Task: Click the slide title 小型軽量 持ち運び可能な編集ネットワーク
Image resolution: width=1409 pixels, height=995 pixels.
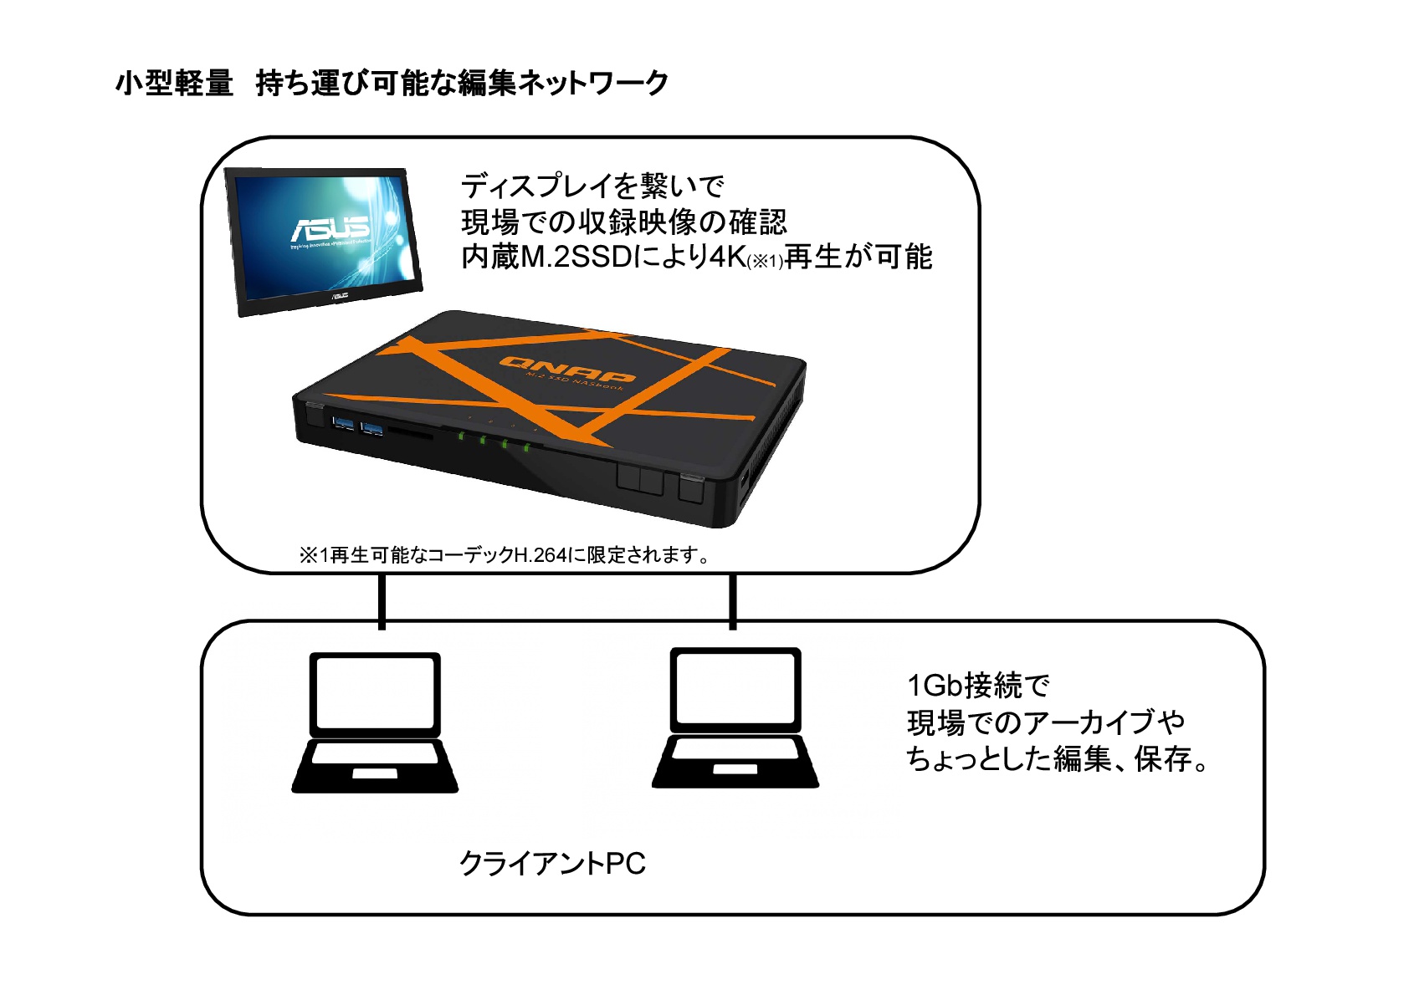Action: tap(392, 83)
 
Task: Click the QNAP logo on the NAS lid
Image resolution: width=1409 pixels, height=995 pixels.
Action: tap(567, 370)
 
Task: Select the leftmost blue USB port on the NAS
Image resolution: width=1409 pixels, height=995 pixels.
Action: tap(343, 423)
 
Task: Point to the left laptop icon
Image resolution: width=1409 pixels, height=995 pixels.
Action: tap(375, 722)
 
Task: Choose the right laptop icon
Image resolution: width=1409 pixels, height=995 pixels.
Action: tap(735, 717)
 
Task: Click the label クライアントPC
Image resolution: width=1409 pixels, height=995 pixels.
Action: tap(552, 864)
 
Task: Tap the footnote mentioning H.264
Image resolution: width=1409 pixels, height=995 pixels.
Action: tap(505, 555)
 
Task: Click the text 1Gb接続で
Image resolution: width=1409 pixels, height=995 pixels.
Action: tap(977, 686)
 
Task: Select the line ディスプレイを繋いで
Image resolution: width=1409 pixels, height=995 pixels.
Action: tap(592, 185)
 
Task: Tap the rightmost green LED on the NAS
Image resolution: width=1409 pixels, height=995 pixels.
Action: tap(526, 447)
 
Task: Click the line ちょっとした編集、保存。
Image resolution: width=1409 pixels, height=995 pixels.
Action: tap(1057, 759)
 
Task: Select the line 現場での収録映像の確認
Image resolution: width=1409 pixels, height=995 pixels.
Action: tap(624, 222)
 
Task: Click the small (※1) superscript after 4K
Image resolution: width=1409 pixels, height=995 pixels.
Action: tap(765, 262)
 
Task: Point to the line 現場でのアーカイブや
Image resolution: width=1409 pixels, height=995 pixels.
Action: tap(1045, 722)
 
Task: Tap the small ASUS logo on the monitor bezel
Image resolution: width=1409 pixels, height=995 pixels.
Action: tap(338, 295)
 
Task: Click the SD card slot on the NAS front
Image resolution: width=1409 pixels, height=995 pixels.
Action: tap(411, 435)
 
